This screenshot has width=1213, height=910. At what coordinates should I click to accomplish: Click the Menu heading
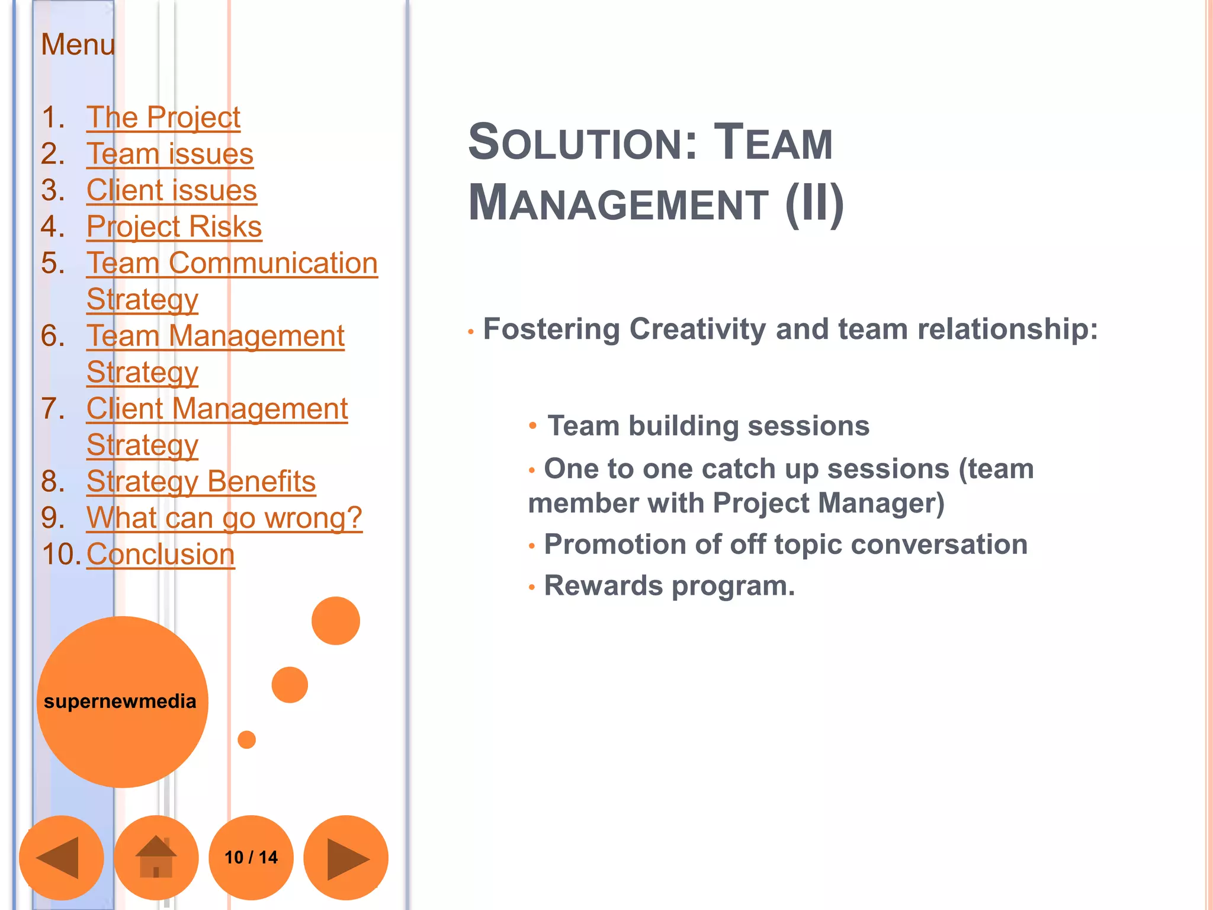coord(78,44)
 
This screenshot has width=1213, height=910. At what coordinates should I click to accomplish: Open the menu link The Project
coord(163,117)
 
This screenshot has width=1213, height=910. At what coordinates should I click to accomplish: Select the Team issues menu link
coord(169,154)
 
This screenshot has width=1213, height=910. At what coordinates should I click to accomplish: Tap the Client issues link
coord(171,190)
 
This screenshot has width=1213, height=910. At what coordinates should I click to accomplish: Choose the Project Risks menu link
coord(174,227)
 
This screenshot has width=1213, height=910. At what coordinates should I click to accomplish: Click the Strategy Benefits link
coord(201,482)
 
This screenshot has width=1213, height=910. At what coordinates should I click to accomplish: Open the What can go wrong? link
coord(224,518)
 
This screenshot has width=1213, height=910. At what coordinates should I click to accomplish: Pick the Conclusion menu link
coord(161,555)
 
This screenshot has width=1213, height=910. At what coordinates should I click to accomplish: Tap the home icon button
coord(156,857)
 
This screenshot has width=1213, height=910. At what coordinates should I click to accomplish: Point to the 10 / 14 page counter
coord(251,857)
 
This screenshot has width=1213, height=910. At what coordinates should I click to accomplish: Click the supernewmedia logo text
coord(120,701)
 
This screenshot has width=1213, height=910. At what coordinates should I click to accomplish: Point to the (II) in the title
coord(814,203)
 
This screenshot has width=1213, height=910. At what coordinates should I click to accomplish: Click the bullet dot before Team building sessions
coord(532,425)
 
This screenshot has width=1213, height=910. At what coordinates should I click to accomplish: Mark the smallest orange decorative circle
coord(246,739)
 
